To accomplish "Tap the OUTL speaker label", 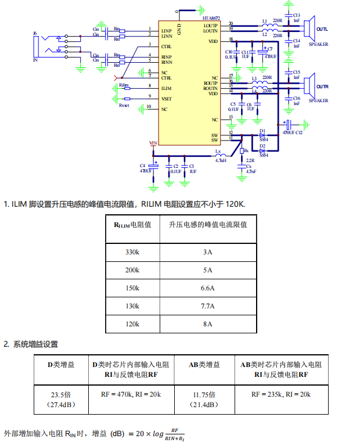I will pyautogui.click(x=322, y=30).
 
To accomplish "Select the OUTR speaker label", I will pyautogui.click(x=322, y=87).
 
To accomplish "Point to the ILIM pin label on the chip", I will pyautogui.click(x=167, y=88).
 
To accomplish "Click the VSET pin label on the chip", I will pyautogui.click(x=167, y=99).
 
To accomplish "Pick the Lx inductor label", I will pyautogui.click(x=218, y=152).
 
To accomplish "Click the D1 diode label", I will pyautogui.click(x=262, y=131).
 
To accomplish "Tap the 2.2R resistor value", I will pyautogui.click(x=250, y=160).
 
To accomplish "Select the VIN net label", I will pyautogui.click(x=153, y=143).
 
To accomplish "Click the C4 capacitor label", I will pyautogui.click(x=142, y=166).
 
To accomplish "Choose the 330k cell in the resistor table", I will pyautogui.click(x=132, y=252).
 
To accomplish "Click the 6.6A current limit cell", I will pyautogui.click(x=207, y=288).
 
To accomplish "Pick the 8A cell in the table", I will pyautogui.click(x=207, y=323).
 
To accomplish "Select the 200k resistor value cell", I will pyautogui.click(x=132, y=270).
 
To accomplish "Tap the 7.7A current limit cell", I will pyautogui.click(x=207, y=306).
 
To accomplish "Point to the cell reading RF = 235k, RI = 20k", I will pyautogui.click(x=281, y=394).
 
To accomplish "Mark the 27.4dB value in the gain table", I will pyautogui.click(x=61, y=404).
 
